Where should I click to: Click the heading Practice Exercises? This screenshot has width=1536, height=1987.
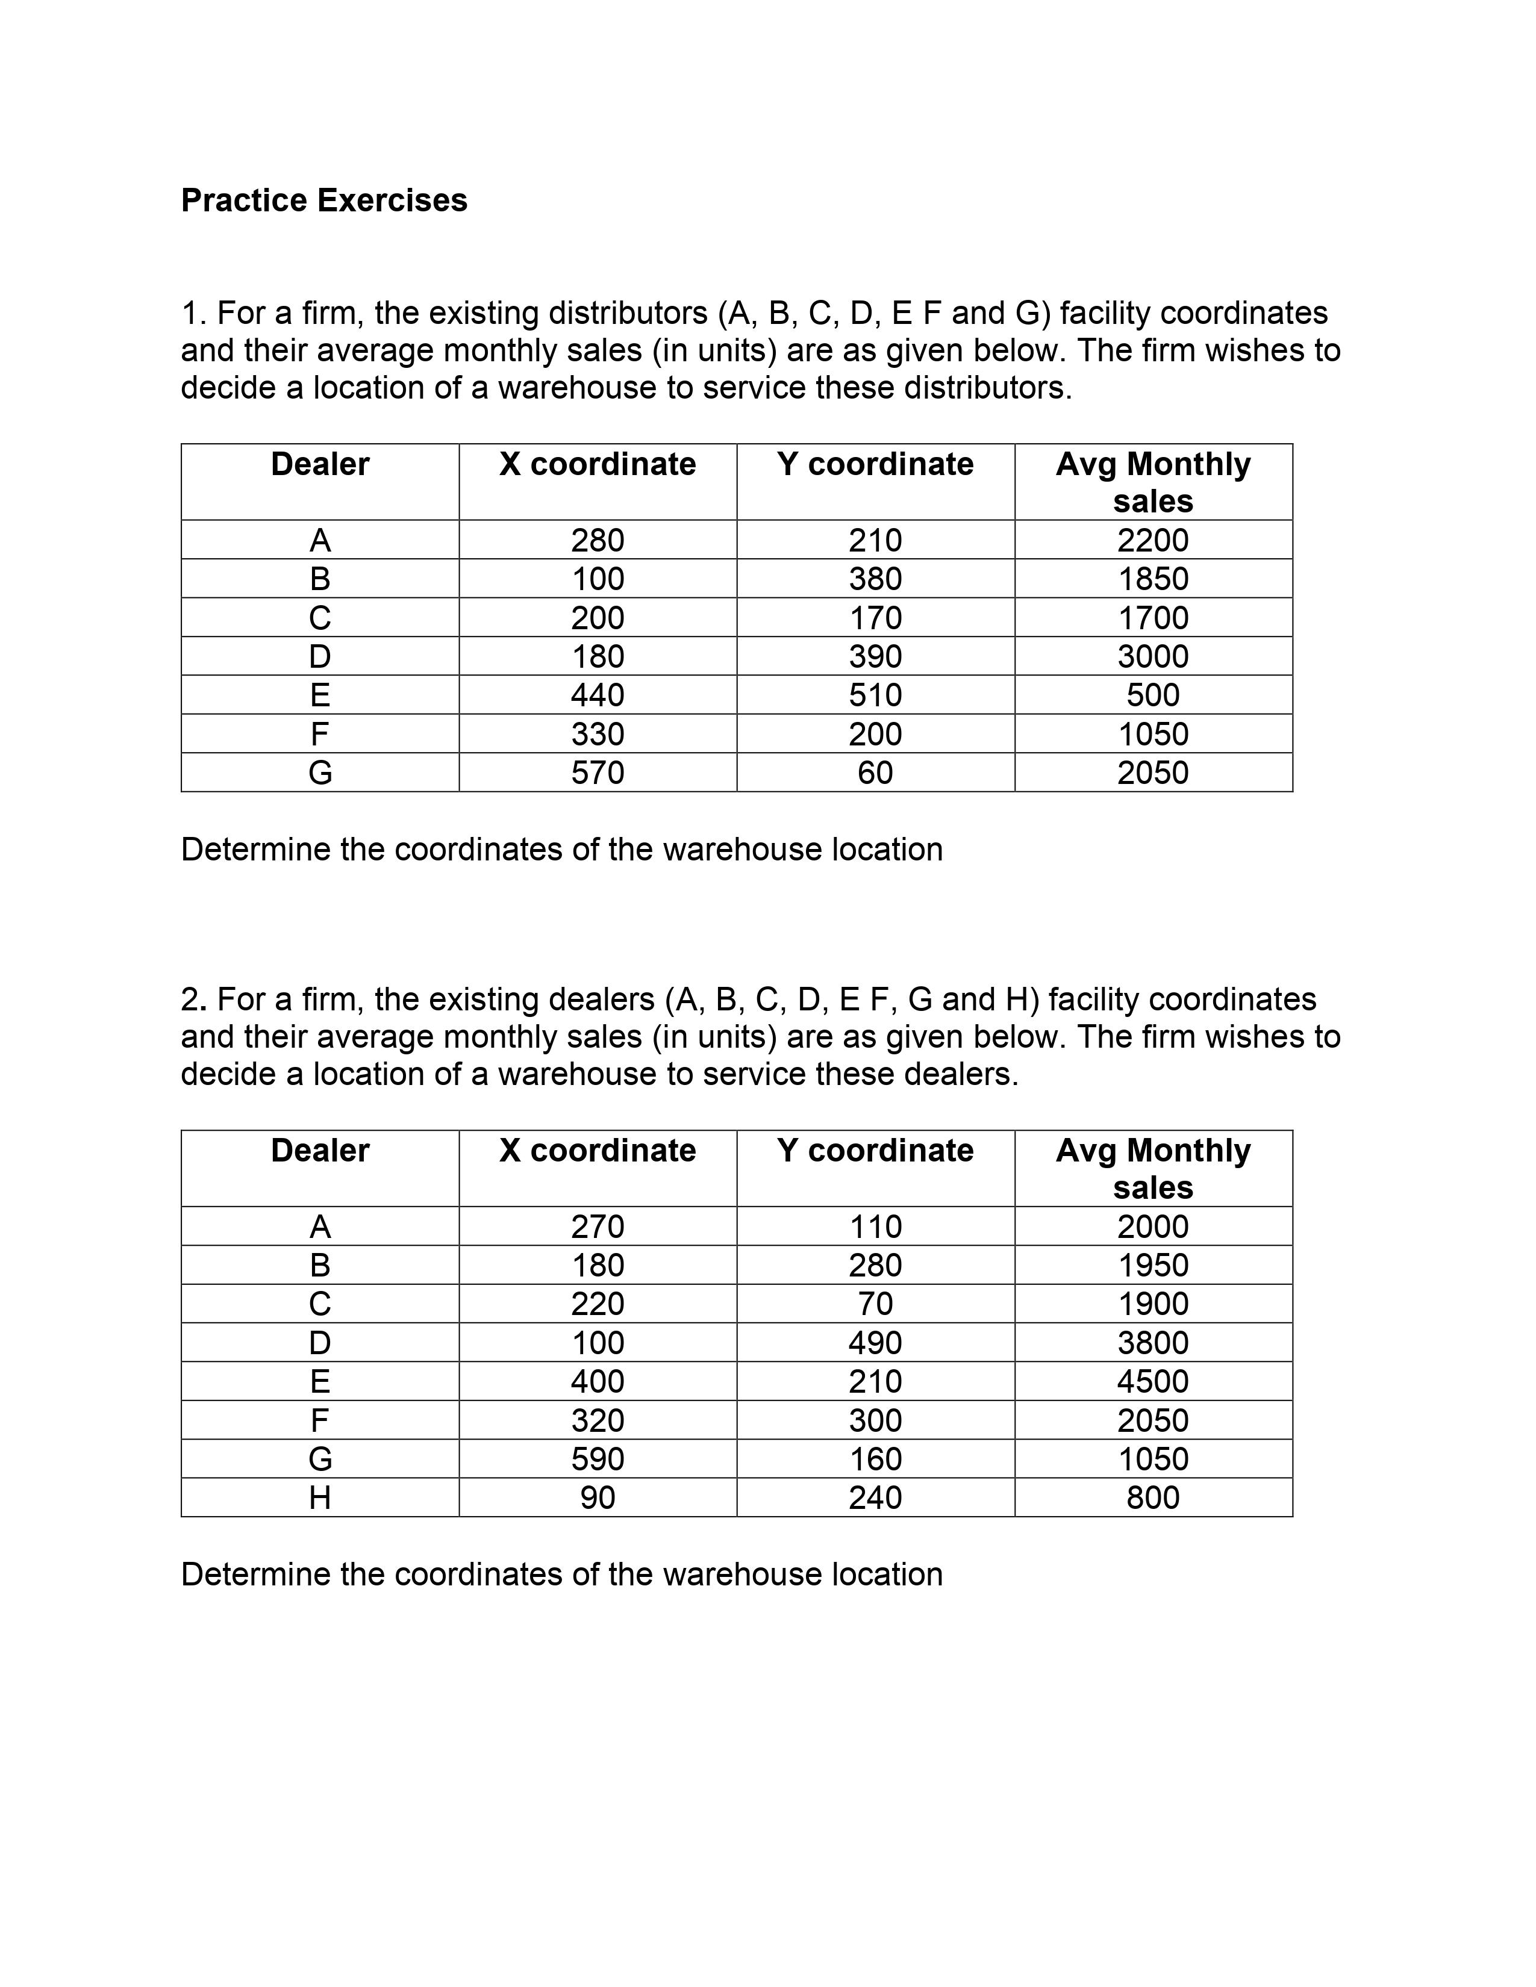click(x=324, y=200)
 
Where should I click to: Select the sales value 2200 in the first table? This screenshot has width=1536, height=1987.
click(x=1153, y=541)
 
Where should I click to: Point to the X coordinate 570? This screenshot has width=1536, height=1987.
click(x=598, y=773)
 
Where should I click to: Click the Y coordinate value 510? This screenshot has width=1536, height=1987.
click(x=875, y=695)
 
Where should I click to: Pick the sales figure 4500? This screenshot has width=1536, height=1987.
click(x=1153, y=1381)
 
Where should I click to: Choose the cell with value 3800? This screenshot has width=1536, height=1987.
click(x=1153, y=1343)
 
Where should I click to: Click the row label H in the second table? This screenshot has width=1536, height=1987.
click(x=320, y=1497)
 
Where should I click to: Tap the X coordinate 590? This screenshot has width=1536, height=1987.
click(x=598, y=1460)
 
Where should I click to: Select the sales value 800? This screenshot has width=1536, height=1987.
click(x=1153, y=1497)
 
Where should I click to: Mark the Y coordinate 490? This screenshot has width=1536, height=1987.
click(x=875, y=1343)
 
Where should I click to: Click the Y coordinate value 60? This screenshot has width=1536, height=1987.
click(x=875, y=773)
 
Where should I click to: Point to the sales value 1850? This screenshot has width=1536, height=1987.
click(x=1153, y=579)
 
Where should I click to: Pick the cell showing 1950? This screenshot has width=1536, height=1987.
click(x=1153, y=1266)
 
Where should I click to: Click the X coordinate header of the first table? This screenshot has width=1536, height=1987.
click(x=598, y=464)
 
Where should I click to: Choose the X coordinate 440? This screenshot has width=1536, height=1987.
click(x=598, y=695)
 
